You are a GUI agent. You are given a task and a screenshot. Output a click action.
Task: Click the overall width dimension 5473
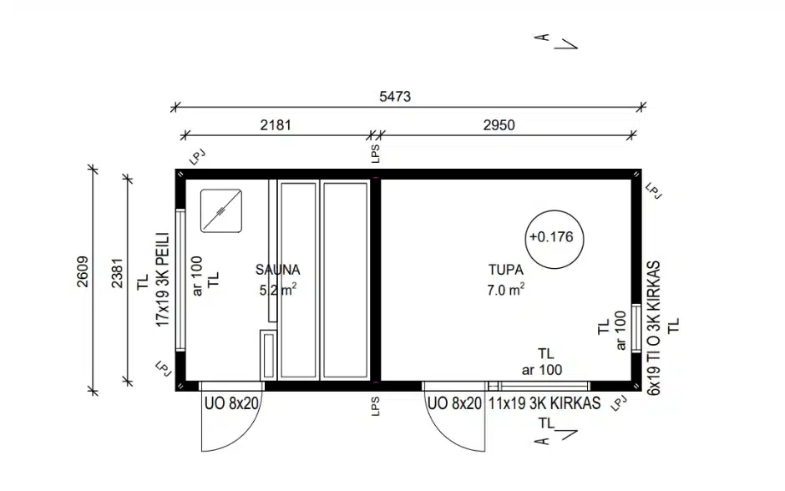(x=395, y=96)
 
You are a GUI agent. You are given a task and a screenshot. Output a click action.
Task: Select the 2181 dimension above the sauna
(x=276, y=124)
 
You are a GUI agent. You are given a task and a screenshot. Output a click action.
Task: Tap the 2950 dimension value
(x=499, y=124)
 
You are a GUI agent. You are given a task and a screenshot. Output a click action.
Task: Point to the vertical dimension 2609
(x=83, y=271)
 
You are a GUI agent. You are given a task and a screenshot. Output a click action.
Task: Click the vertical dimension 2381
(x=117, y=273)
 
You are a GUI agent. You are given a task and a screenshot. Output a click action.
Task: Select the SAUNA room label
(x=278, y=270)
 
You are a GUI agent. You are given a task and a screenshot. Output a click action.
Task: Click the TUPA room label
(x=506, y=270)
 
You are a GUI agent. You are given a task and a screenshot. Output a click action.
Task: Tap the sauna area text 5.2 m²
(x=278, y=290)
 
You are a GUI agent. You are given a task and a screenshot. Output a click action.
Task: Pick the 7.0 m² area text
(x=505, y=290)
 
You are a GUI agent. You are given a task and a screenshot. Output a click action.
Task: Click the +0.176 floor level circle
(x=555, y=210)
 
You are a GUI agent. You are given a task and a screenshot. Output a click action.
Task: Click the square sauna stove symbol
(x=221, y=210)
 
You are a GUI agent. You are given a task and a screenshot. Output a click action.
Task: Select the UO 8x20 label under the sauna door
(x=231, y=403)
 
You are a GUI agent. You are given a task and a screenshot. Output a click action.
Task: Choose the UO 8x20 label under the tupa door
(x=454, y=403)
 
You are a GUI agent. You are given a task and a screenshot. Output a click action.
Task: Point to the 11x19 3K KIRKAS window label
(x=544, y=403)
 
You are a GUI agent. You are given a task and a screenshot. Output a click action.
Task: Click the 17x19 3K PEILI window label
(x=163, y=280)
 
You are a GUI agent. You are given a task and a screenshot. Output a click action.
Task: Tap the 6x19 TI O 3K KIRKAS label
(x=654, y=328)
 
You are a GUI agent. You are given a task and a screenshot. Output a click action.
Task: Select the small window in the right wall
(x=636, y=328)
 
